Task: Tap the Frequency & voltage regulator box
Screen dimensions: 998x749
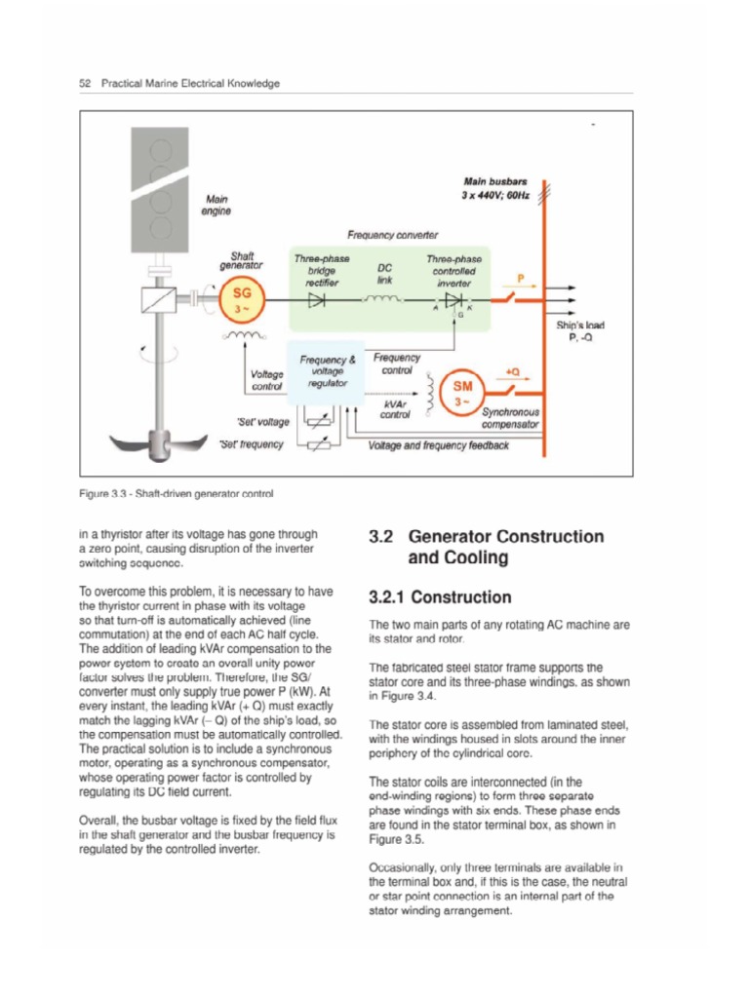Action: click(322, 371)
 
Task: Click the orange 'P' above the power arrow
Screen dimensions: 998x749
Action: click(521, 278)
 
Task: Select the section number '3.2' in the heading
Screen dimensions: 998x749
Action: click(381, 536)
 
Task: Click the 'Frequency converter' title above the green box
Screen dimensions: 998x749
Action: click(393, 235)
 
